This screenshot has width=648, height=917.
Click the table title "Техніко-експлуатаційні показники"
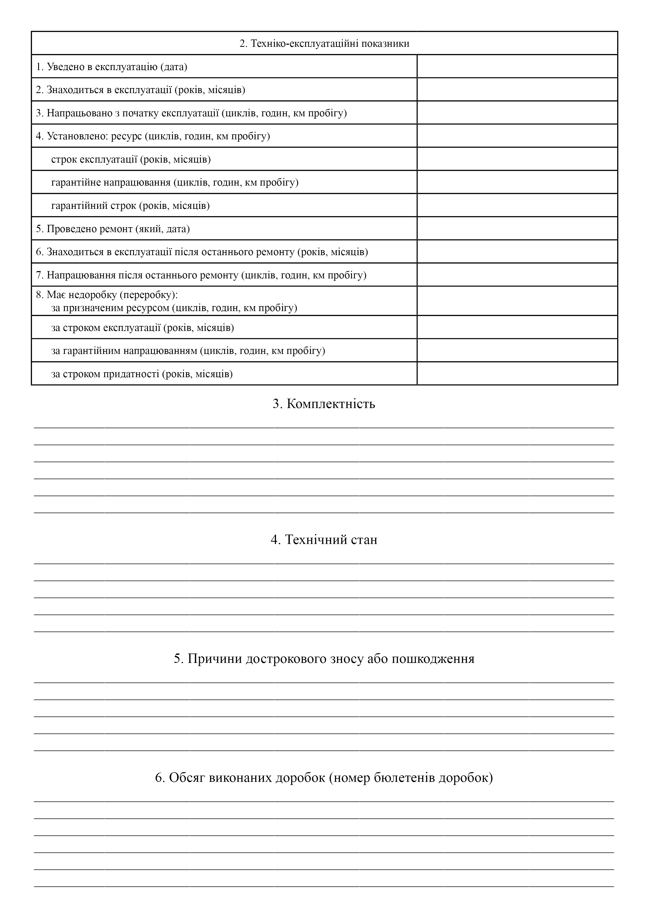click(324, 43)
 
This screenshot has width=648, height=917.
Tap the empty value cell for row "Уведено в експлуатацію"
click(517, 66)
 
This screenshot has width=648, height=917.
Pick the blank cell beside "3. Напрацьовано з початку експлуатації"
click(517, 113)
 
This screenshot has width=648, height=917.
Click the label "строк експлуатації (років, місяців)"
click(131, 159)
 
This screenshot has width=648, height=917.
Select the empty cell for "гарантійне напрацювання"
click(517, 182)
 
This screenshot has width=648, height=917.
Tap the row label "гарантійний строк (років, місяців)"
click(131, 206)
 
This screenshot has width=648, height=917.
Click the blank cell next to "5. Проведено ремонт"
click(517, 228)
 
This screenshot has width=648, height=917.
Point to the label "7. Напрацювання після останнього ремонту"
click(201, 275)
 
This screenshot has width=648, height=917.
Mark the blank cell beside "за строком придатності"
click(517, 374)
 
